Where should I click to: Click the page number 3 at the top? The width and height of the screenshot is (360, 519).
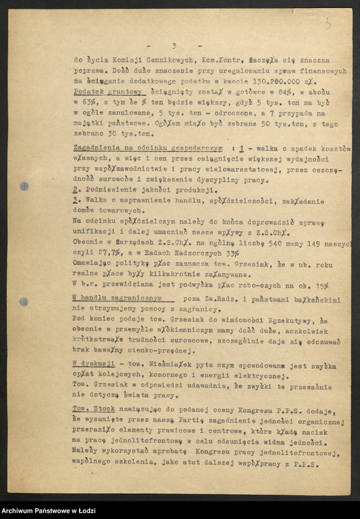(x=175, y=46)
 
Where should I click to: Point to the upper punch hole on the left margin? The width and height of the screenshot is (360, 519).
(x=24, y=186)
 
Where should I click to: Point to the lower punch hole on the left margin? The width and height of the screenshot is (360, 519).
(x=23, y=302)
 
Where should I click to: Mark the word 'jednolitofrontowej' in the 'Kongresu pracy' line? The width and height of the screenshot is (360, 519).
(x=298, y=454)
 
